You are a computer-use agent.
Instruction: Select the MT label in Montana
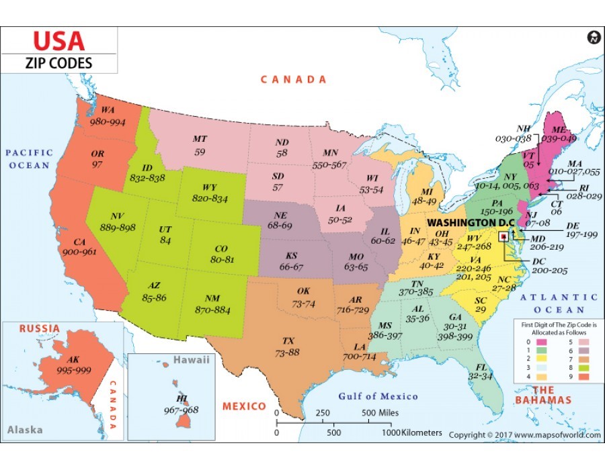[x=200, y=139]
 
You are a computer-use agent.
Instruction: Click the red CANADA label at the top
[x=294, y=79]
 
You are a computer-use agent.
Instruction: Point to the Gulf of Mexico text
[x=377, y=396]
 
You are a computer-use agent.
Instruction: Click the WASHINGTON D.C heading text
[x=470, y=222]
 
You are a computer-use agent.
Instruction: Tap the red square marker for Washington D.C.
[x=503, y=236]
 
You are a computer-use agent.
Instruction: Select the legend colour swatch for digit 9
[x=573, y=377]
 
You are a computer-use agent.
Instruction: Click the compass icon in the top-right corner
[x=593, y=38]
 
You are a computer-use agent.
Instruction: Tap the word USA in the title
[x=59, y=41]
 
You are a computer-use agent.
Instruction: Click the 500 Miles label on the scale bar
[x=380, y=412]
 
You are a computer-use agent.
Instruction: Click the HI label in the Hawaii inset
[x=182, y=399]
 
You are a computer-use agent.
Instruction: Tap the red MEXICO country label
[x=244, y=406]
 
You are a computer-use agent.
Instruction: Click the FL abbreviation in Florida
[x=481, y=367]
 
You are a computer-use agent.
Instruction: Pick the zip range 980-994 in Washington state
[x=108, y=122]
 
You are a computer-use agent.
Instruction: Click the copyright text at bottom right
[x=524, y=435]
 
